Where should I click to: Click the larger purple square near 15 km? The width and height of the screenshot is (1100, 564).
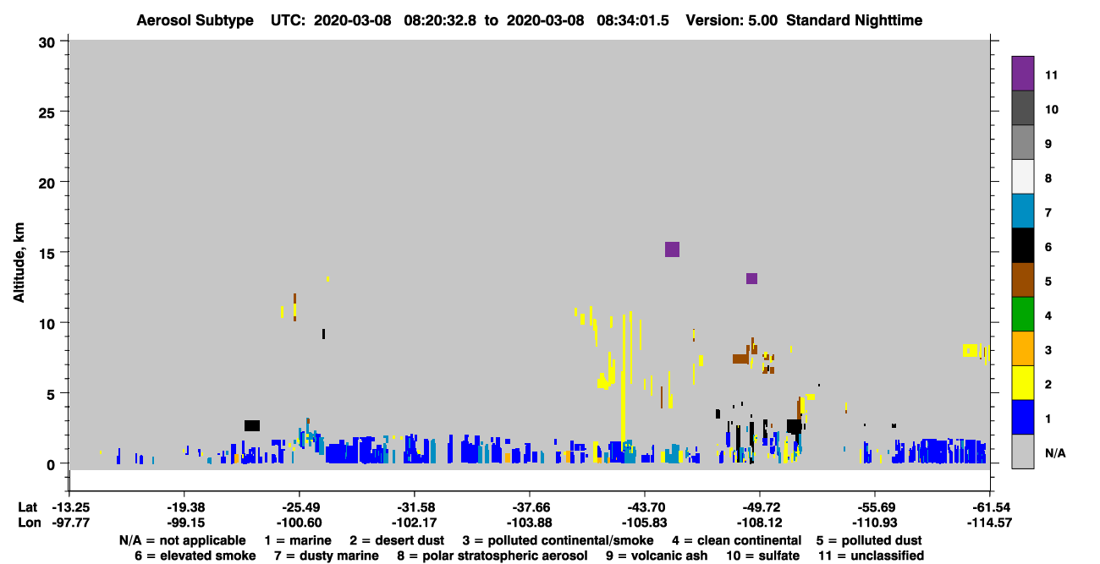(x=672, y=249)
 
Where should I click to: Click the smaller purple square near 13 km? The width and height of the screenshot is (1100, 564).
(x=751, y=279)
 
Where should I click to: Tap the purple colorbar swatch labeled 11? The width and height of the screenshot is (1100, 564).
(x=1022, y=74)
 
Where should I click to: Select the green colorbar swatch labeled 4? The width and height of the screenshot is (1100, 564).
(x=1022, y=315)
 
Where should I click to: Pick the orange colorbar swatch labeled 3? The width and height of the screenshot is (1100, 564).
(x=1022, y=348)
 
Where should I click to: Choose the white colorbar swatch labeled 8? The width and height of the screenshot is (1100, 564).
(x=1022, y=177)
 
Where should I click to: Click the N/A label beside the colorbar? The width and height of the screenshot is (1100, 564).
(x=1055, y=453)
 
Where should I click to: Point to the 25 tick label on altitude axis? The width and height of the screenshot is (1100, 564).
(x=47, y=112)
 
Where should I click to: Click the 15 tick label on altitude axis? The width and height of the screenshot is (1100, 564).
(x=47, y=254)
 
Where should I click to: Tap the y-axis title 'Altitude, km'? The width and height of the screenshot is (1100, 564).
(x=19, y=262)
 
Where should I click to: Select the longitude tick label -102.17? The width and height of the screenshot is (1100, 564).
(x=414, y=523)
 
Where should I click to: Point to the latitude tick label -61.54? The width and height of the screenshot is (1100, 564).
(x=989, y=507)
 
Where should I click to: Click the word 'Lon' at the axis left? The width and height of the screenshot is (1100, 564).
(x=30, y=523)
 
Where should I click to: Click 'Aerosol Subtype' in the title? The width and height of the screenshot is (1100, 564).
(x=195, y=20)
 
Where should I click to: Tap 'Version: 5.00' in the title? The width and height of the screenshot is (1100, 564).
(x=732, y=20)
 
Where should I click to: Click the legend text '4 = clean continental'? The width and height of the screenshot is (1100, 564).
(x=737, y=540)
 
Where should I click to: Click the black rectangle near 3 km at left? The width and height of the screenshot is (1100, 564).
(x=252, y=425)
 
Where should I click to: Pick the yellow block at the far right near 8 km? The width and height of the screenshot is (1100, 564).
(x=970, y=350)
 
